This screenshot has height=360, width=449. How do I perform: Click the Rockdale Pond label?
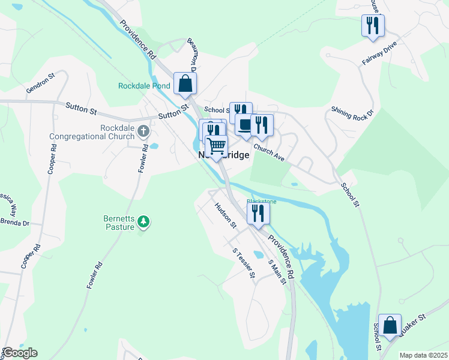[x=144, y=86]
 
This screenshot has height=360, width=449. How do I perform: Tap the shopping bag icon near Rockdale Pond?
[x=185, y=83]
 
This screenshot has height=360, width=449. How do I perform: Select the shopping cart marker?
[x=217, y=146]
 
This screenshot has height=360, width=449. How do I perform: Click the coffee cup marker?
[x=245, y=124]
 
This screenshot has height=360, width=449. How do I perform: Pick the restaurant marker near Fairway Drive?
[x=373, y=26]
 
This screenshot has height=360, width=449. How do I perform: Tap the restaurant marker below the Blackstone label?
[x=258, y=214]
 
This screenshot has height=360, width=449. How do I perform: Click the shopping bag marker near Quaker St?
[x=390, y=326]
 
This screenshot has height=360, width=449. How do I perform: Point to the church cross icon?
[x=143, y=130]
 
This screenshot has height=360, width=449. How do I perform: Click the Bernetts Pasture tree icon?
[x=143, y=222]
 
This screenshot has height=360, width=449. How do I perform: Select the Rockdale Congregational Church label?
[x=92, y=132]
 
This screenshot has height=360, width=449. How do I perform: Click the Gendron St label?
[x=41, y=85]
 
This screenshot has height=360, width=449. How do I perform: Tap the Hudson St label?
[x=226, y=214]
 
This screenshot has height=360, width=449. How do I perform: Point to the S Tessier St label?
[x=244, y=263]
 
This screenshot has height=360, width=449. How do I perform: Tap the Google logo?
[x=20, y=353]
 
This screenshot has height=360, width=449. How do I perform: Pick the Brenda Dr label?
[x=14, y=222]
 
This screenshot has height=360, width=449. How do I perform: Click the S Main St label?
[x=276, y=272]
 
